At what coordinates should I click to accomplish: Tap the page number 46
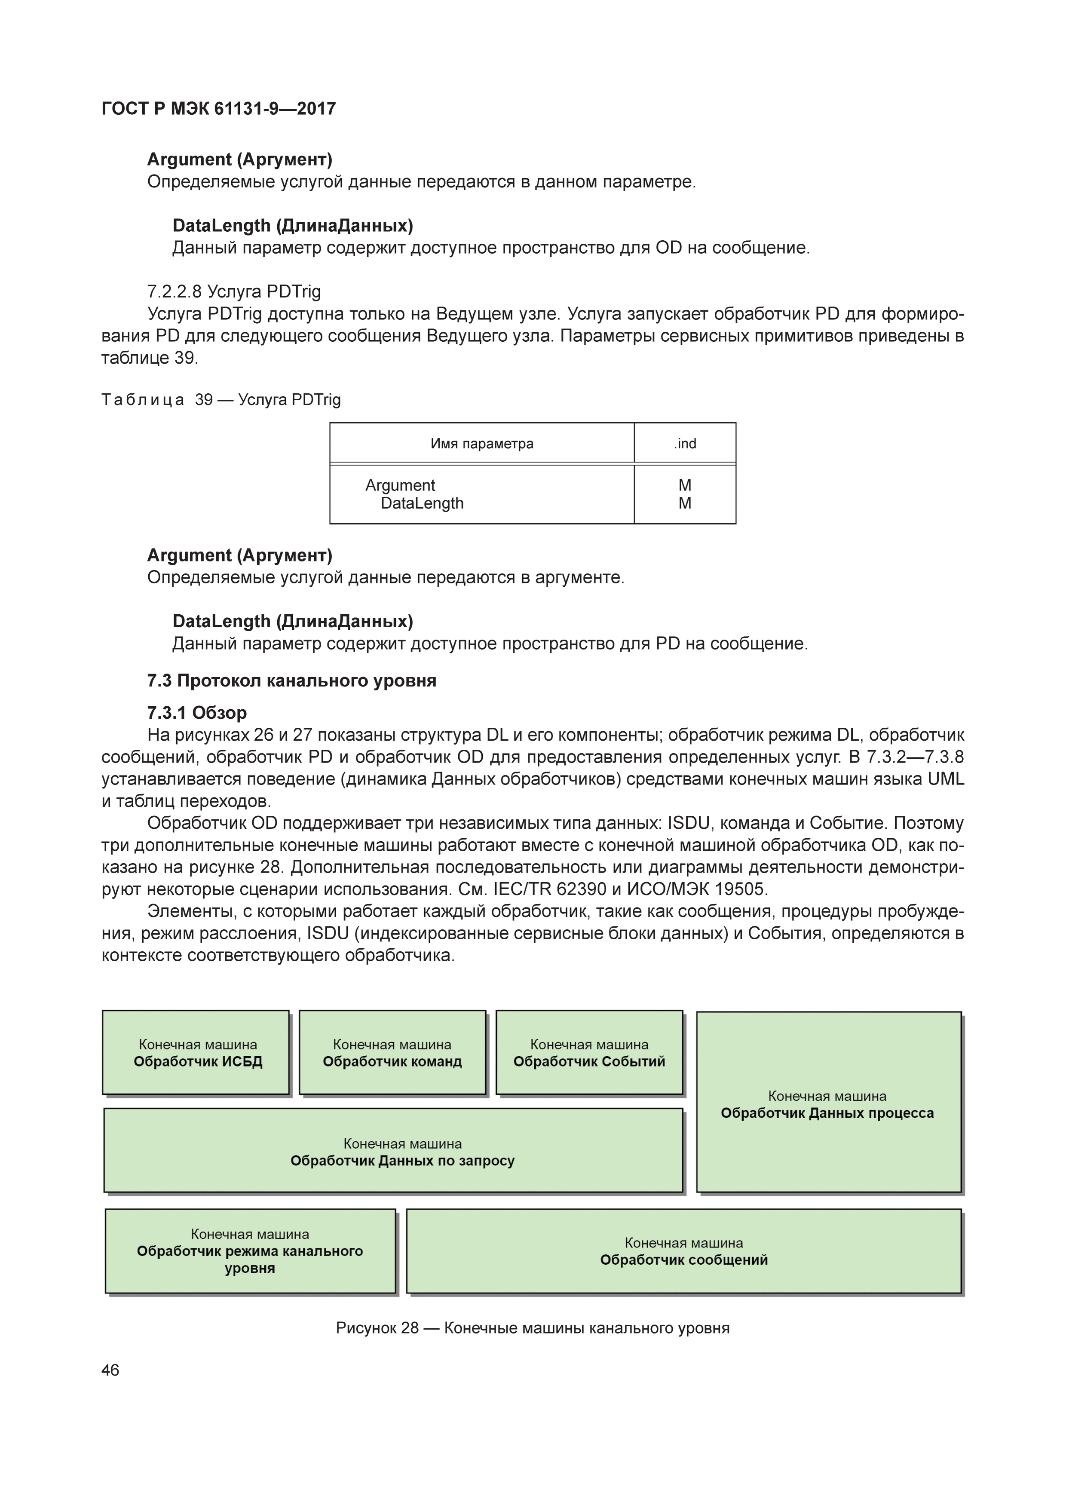(110, 1370)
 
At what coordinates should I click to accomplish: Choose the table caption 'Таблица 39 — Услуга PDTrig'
(221, 399)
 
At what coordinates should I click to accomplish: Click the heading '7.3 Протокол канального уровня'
(291, 680)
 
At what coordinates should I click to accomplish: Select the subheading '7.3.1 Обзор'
(197, 713)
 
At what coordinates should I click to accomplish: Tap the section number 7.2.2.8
(174, 291)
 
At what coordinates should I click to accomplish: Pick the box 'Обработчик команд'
(392, 1053)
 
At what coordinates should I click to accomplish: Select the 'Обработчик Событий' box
(589, 1053)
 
